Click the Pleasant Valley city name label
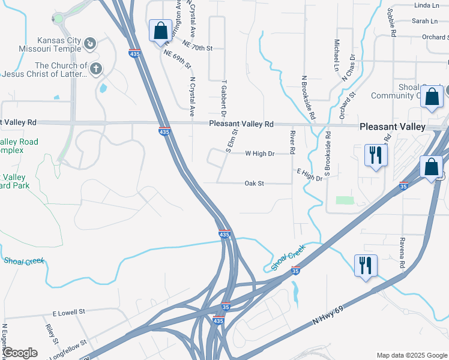pos(392,127)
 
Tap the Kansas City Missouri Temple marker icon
pos(89,43)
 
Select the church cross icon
pos(95,69)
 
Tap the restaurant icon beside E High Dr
pos(376,155)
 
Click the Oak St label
pos(255,183)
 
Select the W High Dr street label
pos(260,154)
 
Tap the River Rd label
pos(293,143)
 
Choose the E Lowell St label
pos(70,313)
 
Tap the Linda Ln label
pos(426,5)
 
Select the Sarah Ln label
pos(424,21)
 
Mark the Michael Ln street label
pos(337,53)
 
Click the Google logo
pos(20,353)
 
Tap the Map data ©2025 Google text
pos(412,355)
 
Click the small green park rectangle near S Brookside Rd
pos(344,200)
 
